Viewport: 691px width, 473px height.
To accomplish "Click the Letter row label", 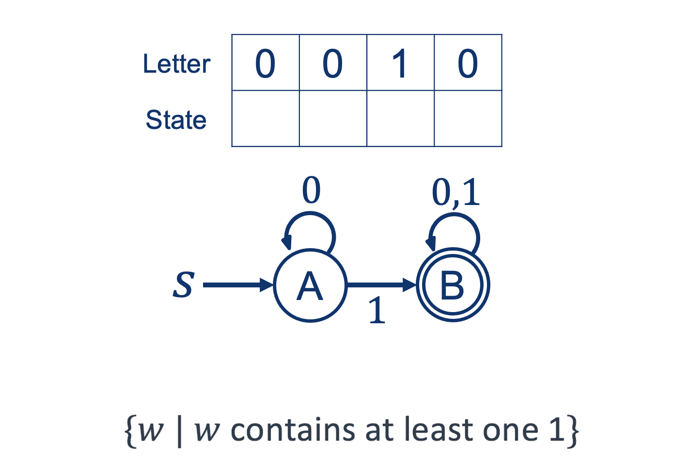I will (176, 64).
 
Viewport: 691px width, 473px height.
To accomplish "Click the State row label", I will (176, 120).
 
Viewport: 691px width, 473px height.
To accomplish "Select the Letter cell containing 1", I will (400, 63).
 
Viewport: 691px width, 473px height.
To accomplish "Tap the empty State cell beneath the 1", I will (400, 119).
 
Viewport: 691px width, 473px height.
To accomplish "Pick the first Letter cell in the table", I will (266, 63).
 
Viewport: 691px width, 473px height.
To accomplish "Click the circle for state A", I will (310, 285).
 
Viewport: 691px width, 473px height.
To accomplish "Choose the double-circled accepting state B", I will (453, 285).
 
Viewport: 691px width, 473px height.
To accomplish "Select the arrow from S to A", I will (237, 285).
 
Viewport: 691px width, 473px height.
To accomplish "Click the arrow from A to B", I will (381, 285).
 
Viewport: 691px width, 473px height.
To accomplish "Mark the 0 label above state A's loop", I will (311, 190).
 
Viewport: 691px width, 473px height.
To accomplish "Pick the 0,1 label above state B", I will (455, 192).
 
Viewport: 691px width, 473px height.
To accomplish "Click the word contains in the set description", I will (292, 430).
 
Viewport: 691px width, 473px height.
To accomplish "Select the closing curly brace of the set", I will (573, 430).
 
